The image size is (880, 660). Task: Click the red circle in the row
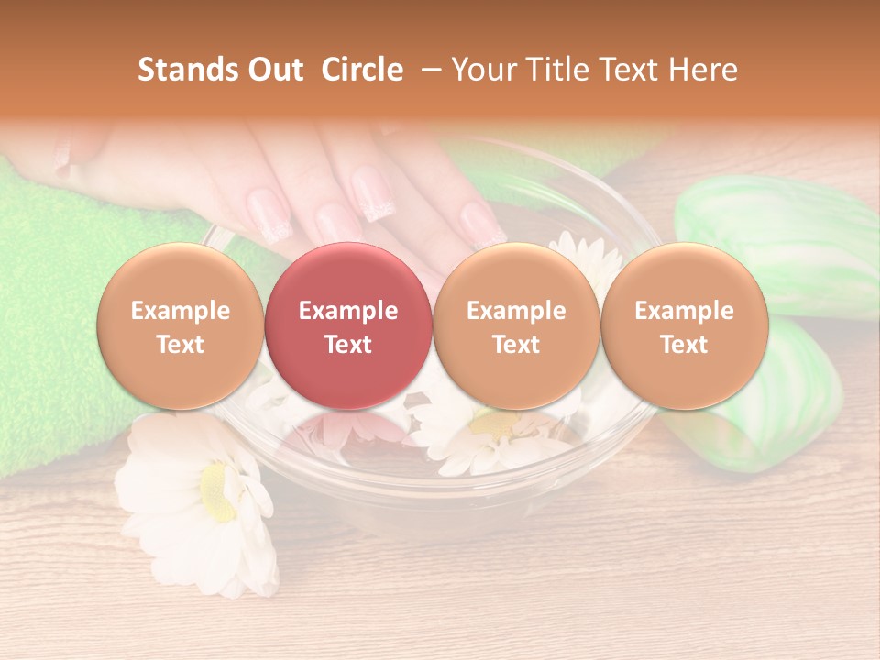pos(347,326)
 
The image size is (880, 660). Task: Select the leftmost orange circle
pos(180,326)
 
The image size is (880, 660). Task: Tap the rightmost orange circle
pos(684,326)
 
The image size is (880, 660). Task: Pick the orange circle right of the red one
pos(516,326)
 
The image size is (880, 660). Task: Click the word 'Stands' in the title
pos(187,70)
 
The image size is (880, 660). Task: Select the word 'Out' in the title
pos(274,70)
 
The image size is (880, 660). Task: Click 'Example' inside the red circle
pos(347,311)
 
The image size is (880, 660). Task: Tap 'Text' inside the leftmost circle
pos(180,345)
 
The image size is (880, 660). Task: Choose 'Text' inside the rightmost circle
pos(684,345)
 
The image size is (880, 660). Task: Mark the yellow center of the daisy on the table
pos(214,489)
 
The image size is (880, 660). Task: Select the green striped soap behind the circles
pos(779,229)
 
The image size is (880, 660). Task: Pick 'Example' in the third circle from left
pos(516,311)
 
